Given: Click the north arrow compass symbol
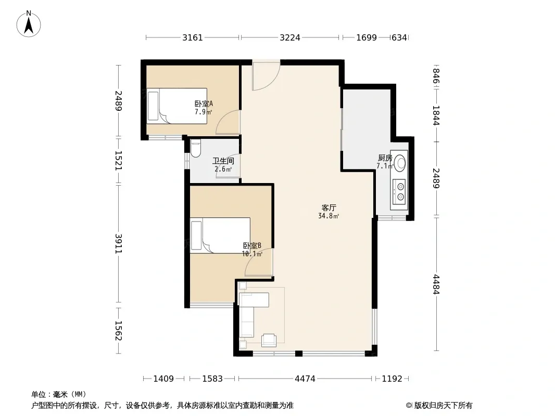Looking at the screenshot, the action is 29,24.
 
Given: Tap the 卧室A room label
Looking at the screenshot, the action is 204,104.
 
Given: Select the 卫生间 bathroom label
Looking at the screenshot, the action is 223,161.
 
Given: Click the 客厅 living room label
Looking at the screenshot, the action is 329,208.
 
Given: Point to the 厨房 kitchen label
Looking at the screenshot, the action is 385,158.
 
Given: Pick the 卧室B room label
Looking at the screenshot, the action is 252,245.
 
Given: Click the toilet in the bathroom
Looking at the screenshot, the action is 195,148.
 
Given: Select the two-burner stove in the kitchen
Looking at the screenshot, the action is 399,192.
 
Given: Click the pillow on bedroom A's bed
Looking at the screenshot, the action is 153,106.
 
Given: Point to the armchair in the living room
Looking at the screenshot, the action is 269,341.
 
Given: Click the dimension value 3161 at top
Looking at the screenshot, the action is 193,37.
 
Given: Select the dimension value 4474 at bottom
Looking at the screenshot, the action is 305,379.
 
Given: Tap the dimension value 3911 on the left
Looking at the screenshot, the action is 118,243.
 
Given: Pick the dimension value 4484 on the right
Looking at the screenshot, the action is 436,284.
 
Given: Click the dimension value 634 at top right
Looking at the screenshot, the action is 399,37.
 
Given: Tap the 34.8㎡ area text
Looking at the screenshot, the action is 329,216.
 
